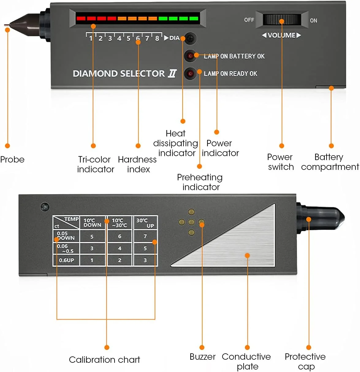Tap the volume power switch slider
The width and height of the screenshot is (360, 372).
coord(282,20)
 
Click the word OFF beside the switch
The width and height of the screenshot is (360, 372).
coord(249,20)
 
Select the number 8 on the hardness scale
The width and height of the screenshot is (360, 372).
coord(157,38)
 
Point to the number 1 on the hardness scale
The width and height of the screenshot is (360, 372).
coord(91,38)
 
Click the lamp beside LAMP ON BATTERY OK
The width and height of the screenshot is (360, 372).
coord(190,56)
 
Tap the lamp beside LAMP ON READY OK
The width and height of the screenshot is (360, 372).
coord(190,73)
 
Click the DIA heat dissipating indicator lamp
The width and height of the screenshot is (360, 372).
coord(190,38)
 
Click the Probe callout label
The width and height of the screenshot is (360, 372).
coord(12,159)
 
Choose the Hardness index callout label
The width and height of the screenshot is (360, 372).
coord(137,164)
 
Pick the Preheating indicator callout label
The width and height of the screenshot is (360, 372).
coord(200,182)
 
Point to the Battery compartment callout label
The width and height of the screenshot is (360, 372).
coord(330,162)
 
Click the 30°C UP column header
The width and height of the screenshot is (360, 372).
coord(145,223)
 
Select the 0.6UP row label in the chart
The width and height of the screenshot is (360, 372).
coord(66,260)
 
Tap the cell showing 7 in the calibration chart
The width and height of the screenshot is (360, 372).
coord(145,236)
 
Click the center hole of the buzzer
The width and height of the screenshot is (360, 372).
coord(191,222)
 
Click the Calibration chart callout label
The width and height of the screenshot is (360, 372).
coord(104,360)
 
